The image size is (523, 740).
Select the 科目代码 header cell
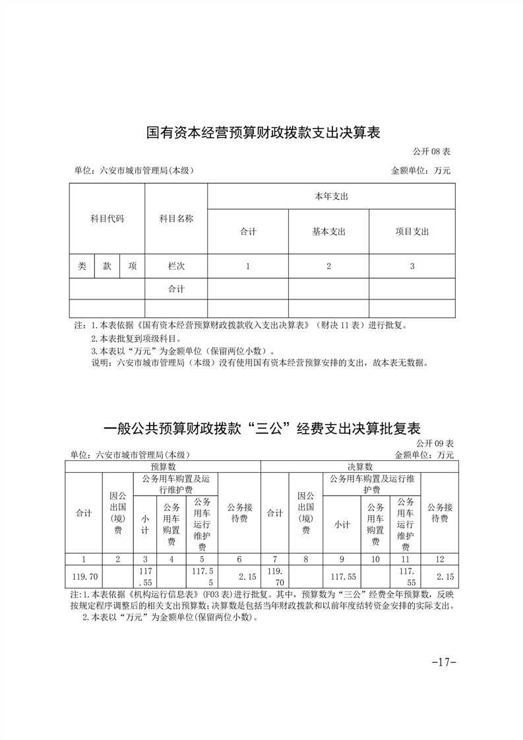tap(107, 218)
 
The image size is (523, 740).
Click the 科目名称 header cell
tap(176, 218)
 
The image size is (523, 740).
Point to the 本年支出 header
tap(331, 197)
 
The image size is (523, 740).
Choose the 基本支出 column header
tap(328, 231)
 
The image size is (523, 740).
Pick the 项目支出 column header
tap(412, 231)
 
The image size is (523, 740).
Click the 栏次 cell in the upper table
tap(176, 266)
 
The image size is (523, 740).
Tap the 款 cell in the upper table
tap(107, 266)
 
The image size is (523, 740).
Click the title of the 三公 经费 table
tap(262, 428)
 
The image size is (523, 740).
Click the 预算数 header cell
tap(162, 466)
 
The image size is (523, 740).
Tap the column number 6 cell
tap(239, 559)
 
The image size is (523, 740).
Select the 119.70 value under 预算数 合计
tap(84, 576)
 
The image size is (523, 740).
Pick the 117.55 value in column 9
tap(342, 576)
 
